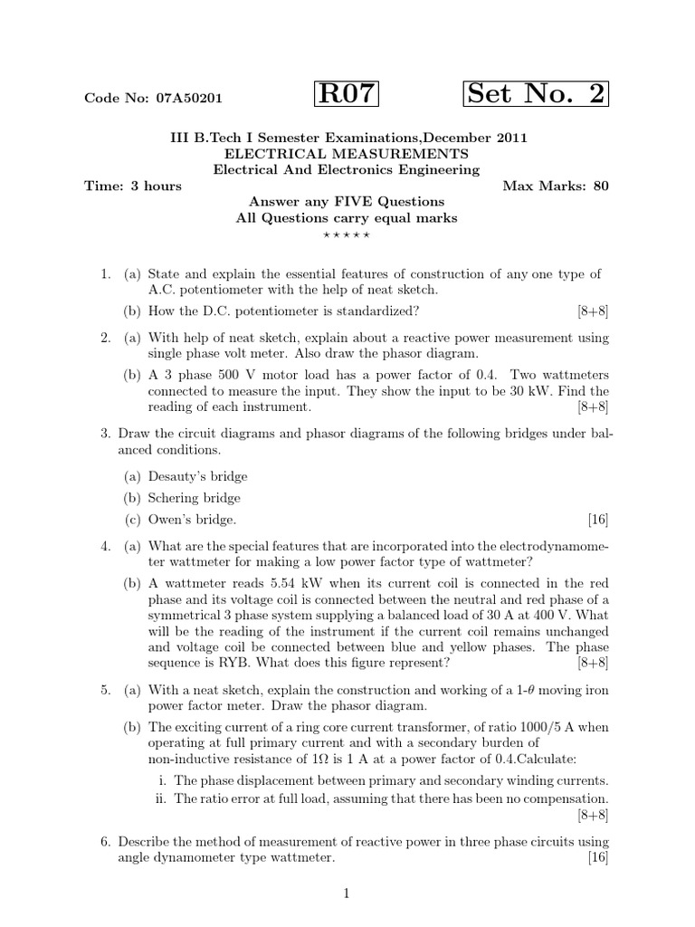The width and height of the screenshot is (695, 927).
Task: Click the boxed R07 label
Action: pos(347,94)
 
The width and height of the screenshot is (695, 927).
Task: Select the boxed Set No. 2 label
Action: pos(536,94)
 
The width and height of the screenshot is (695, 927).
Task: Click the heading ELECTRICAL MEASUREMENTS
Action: pos(347,153)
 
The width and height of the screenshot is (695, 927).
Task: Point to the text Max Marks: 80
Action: pos(556,186)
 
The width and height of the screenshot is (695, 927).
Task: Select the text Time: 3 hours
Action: pos(133,186)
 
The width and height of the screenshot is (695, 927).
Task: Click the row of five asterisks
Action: pos(347,235)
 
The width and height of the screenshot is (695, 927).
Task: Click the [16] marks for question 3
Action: pos(597,520)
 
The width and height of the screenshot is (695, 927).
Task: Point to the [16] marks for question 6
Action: pos(597,857)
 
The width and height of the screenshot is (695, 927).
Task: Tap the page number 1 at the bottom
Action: pos(347,894)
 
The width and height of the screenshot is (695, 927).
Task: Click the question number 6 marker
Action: pos(105,841)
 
